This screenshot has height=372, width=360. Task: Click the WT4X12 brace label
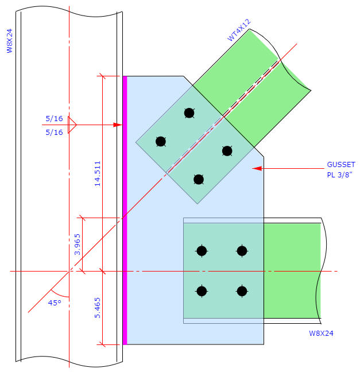click(239, 30)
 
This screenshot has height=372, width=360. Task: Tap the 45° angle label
click(54, 303)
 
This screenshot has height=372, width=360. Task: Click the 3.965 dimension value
click(78, 244)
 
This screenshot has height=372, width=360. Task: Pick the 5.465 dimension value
click(98, 308)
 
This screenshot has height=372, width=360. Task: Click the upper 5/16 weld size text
click(54, 118)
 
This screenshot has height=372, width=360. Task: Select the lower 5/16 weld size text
click(54, 132)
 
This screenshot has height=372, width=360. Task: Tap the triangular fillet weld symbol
click(71, 125)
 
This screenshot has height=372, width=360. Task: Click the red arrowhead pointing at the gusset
click(257, 169)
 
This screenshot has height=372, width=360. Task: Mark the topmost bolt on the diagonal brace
click(189, 113)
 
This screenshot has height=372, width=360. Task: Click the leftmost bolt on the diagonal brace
click(161, 141)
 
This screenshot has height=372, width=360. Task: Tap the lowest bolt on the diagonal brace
click(199, 180)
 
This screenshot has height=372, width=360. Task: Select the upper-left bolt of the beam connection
click(202, 250)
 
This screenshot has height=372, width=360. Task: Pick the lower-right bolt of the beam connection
click(242, 291)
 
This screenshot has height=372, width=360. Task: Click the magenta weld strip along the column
click(125, 210)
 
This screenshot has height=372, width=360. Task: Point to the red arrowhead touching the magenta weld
click(118, 125)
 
